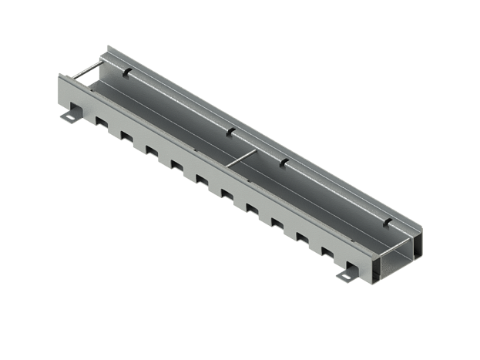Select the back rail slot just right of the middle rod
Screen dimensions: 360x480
[283, 160]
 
